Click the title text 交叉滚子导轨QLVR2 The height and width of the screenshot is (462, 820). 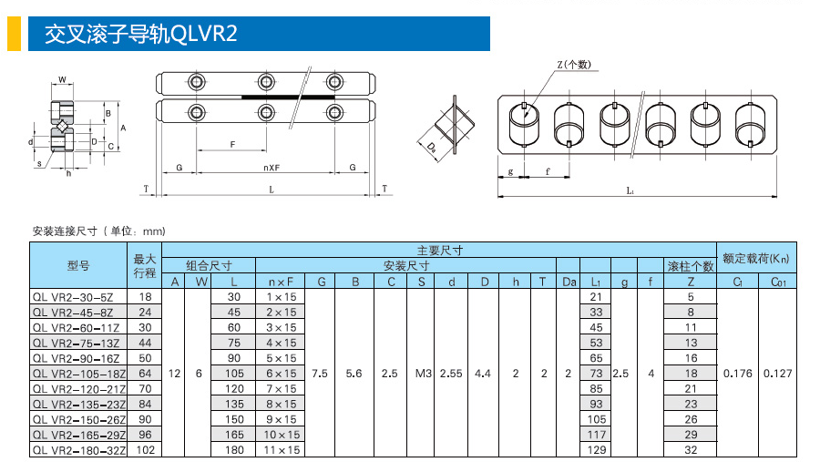140,34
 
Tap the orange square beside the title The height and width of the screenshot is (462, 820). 14,34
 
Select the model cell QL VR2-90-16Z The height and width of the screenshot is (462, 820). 77,358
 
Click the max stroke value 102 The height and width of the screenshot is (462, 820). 146,450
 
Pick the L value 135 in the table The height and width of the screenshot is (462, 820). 234,404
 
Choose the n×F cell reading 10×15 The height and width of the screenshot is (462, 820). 282,435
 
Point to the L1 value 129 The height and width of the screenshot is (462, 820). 596,450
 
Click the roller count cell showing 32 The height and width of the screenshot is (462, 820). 691,450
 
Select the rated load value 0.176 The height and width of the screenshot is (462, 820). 737,374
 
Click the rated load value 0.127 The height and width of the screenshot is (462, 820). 778,374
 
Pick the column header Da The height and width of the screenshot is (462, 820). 569,282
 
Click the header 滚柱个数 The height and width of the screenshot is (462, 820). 691,266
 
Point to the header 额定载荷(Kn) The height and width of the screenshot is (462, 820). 756,258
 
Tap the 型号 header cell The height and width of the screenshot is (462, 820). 78,265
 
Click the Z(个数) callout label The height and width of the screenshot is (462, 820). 574,65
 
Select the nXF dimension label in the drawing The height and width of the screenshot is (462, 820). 272,168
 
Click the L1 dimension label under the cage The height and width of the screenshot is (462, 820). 630,191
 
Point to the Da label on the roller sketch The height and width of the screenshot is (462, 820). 432,149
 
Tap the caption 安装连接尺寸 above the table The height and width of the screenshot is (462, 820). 65,231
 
